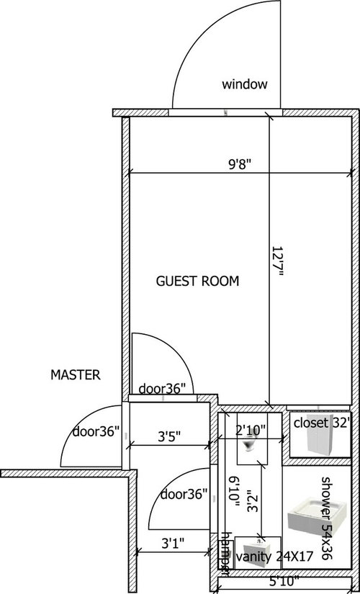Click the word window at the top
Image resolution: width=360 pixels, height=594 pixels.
245,85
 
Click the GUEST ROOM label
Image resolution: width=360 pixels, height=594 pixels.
197,281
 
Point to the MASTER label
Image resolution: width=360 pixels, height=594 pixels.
76,375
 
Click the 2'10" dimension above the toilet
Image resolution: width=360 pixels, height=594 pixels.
251,430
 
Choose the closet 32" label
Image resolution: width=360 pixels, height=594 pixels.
321,423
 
